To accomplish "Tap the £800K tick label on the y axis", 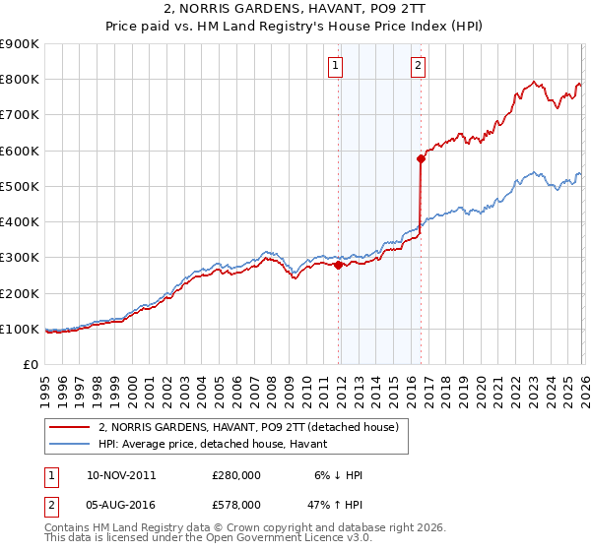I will (19, 80).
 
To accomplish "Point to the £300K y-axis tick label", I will (19, 258).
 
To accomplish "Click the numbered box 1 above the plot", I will (336, 66).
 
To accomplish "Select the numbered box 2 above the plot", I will (419, 66).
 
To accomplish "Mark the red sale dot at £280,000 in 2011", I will (339, 265).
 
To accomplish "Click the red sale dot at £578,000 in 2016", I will (421, 158).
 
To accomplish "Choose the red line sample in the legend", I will (69, 427).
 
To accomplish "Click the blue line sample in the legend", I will (69, 444).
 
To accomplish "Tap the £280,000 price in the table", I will (236, 475).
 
